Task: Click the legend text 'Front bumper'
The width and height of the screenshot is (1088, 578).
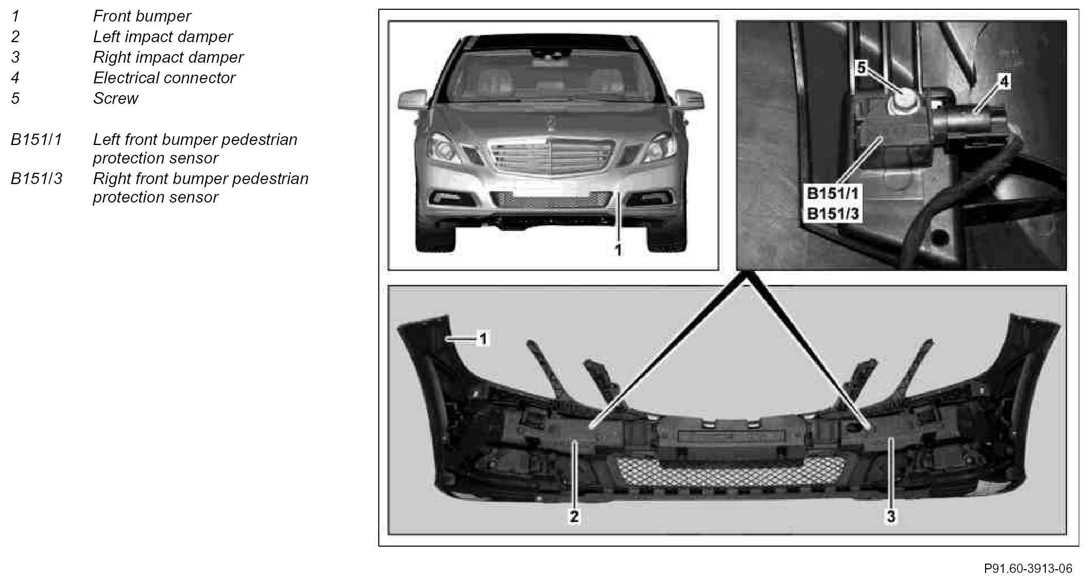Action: pyautogui.click(x=142, y=16)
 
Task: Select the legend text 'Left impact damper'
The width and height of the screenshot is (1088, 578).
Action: pyautogui.click(x=163, y=37)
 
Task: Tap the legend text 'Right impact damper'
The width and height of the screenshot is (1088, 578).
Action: pyautogui.click(x=168, y=58)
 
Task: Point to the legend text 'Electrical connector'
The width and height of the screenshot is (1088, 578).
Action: pyautogui.click(x=164, y=78)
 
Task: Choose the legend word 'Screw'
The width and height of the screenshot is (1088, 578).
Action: pyautogui.click(x=116, y=99)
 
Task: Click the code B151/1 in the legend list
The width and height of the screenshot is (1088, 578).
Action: pyautogui.click(x=36, y=140)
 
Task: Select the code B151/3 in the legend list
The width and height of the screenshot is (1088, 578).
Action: pyautogui.click(x=36, y=179)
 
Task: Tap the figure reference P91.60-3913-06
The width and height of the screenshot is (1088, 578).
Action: pyautogui.click(x=1028, y=568)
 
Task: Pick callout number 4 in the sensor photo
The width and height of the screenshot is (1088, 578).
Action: pyautogui.click(x=1004, y=81)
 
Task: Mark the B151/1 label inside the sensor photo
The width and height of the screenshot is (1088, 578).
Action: pyautogui.click(x=833, y=194)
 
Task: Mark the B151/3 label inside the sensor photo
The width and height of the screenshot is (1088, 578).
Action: pyautogui.click(x=833, y=213)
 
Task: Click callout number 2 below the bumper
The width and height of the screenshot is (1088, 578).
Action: pyautogui.click(x=574, y=516)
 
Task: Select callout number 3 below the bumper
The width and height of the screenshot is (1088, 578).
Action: pyautogui.click(x=891, y=516)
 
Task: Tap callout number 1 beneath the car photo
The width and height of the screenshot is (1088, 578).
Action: pyautogui.click(x=618, y=250)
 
